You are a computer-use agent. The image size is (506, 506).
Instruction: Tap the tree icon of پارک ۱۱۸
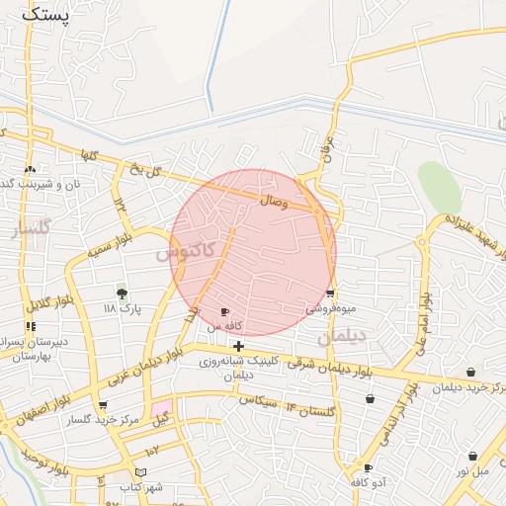pyautogui.click(x=122, y=294)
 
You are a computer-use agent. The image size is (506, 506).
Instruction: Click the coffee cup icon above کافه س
pyautogui.click(x=225, y=312)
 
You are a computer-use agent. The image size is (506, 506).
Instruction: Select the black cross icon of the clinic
pyautogui.click(x=238, y=346)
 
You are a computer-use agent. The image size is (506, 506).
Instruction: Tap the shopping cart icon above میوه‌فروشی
pyautogui.click(x=329, y=294)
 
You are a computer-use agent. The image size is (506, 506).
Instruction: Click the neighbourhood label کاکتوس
pyautogui.click(x=184, y=252)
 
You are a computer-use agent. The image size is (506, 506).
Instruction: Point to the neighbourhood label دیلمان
pyautogui.click(x=342, y=337)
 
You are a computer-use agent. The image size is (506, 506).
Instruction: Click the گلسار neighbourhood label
pyautogui.click(x=30, y=231)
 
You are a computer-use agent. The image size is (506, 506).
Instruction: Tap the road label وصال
pyautogui.click(x=274, y=201)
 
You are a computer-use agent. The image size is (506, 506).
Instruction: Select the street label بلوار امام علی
pyautogui.click(x=421, y=325)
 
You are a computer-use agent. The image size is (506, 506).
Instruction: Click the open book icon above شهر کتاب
pyautogui.click(x=140, y=472)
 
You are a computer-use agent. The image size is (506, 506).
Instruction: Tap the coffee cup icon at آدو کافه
pyautogui.click(x=369, y=468)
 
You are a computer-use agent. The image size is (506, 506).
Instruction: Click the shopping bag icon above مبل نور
pyautogui.click(x=472, y=457)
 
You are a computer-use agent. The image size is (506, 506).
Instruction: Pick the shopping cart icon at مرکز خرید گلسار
pyautogui.click(x=103, y=405)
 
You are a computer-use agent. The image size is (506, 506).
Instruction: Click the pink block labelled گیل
pyautogui.click(x=161, y=408)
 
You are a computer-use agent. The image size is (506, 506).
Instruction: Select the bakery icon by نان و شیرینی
pyautogui.click(x=31, y=169)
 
